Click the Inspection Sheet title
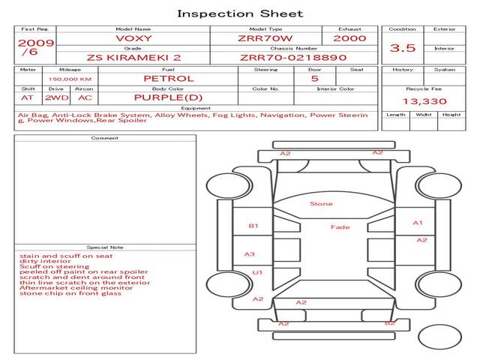point(240,13)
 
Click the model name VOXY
point(133,38)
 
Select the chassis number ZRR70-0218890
point(293,57)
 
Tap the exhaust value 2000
point(349,38)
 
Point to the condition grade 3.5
point(403,48)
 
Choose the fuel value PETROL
point(168,78)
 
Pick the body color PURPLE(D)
point(168,97)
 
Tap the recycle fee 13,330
point(423,101)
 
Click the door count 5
point(314,78)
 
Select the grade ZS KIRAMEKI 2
point(133,57)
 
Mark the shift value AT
point(28,97)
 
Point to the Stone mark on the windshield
point(321,203)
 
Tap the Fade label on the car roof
point(340,227)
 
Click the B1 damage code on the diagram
point(253,225)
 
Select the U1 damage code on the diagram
point(257,272)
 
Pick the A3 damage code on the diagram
point(250,254)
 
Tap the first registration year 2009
point(35,43)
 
